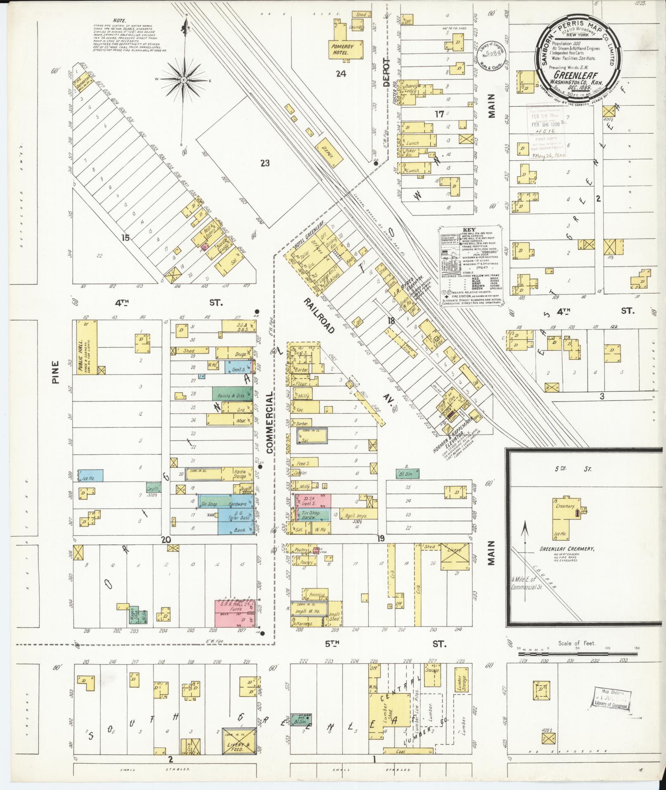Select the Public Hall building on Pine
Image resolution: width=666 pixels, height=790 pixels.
tap(86, 348)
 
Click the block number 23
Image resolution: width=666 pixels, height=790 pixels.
tap(265, 163)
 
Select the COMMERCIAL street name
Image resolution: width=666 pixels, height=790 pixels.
tap(270, 423)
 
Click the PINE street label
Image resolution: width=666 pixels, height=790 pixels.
tap(56, 372)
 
